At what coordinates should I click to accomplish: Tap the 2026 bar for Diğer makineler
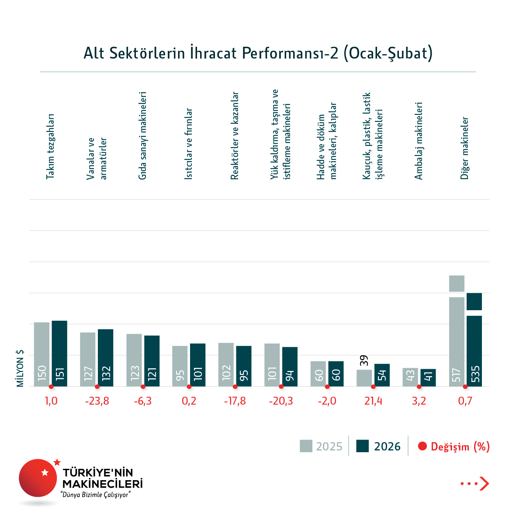point(474,350)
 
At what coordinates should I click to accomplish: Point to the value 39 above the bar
point(364,360)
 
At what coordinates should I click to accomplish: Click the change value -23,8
point(97,401)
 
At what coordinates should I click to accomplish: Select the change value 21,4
point(373,401)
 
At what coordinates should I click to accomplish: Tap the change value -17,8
point(235,401)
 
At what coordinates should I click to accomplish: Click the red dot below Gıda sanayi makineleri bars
point(143,387)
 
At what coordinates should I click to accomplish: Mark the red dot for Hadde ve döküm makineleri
point(327,387)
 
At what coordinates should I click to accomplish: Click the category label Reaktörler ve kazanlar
point(235,135)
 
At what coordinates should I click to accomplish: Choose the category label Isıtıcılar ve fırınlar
point(188,144)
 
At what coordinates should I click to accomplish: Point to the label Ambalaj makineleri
point(419,141)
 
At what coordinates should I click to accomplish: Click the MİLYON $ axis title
point(20,368)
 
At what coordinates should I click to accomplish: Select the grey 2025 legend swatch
point(306,446)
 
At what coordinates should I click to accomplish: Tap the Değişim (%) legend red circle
point(422,446)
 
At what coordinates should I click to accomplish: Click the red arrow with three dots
point(475,484)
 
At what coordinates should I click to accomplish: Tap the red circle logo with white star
point(38,478)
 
